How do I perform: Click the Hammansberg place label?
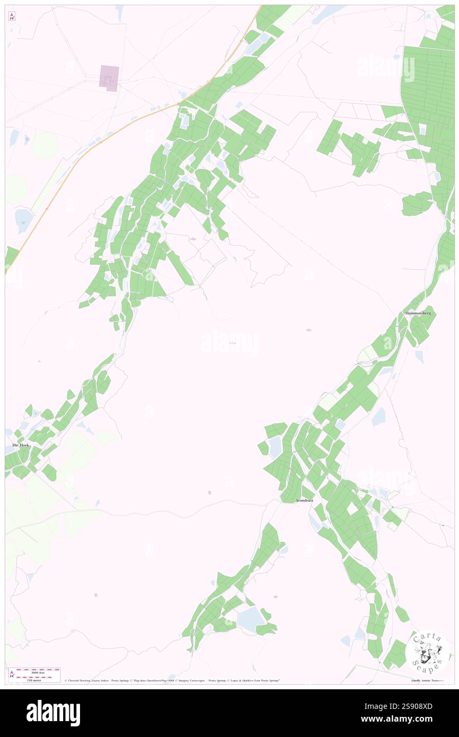418,313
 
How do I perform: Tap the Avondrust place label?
308,500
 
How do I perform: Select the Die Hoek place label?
21,445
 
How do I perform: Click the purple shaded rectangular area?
110,78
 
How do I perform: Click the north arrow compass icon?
12,16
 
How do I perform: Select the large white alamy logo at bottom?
53,713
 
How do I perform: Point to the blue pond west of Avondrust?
275,447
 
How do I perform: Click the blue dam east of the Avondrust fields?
378,417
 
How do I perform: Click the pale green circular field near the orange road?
45,145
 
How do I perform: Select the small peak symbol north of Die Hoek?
40,361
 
